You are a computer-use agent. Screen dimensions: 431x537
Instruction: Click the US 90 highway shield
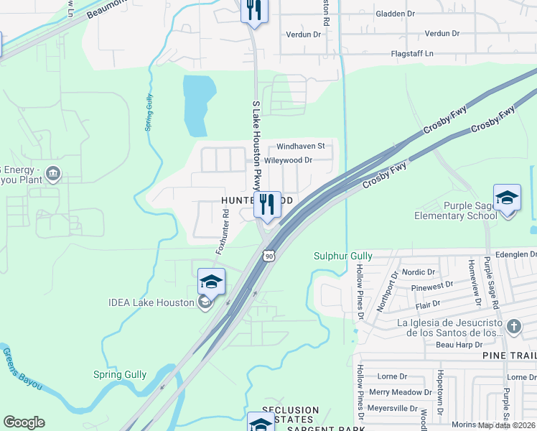tap(268, 256)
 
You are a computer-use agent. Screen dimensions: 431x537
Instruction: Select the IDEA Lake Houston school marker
tap(212, 283)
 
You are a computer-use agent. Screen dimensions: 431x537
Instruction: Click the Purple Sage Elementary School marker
tap(507, 199)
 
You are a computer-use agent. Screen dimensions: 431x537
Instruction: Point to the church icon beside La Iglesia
tap(513, 328)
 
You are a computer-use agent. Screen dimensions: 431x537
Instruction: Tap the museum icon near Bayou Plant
tap(53, 174)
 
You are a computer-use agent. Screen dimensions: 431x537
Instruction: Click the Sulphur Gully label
tap(343, 256)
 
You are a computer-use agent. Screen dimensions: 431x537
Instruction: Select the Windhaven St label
tap(301, 146)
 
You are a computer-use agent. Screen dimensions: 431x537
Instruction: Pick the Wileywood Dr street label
tap(289, 160)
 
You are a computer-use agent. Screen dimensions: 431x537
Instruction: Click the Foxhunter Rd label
tap(222, 232)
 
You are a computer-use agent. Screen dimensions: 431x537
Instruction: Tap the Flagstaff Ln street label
tap(412, 53)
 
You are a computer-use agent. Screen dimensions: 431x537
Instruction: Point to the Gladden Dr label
tap(395, 13)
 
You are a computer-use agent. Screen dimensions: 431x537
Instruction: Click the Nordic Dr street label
tap(419, 272)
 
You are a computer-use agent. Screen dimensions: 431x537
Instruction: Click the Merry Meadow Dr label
tap(396, 392)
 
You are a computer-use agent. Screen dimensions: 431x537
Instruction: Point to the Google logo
tap(24, 422)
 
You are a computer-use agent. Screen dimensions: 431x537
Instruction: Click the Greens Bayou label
tap(22, 369)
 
